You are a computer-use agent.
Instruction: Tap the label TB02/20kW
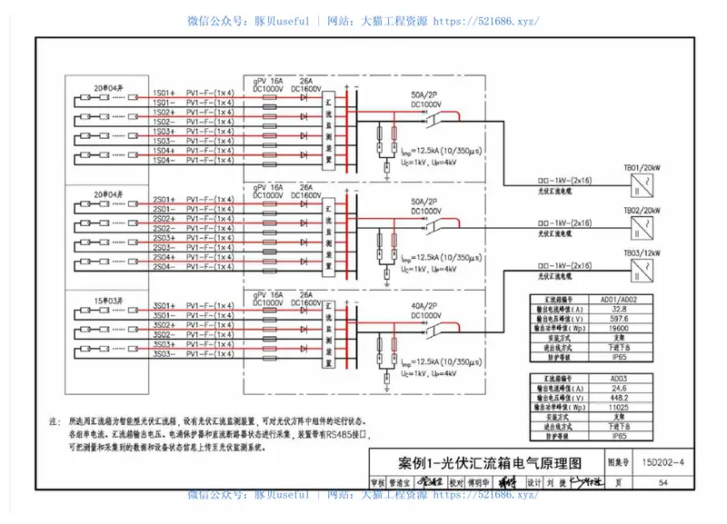[641, 210]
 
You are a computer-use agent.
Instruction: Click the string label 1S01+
[164, 93]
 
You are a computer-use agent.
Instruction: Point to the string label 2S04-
[164, 266]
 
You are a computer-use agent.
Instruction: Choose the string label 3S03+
[164, 344]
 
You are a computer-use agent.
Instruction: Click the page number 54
[663, 482]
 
